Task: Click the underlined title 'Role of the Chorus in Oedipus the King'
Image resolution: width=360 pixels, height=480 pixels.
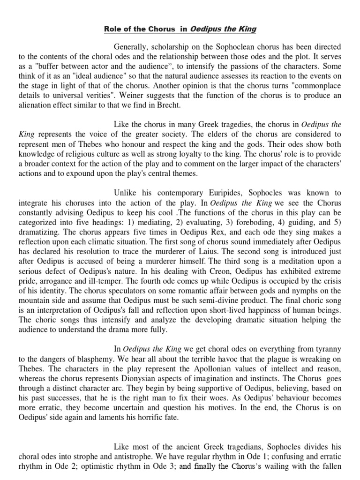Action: (x=180, y=29)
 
